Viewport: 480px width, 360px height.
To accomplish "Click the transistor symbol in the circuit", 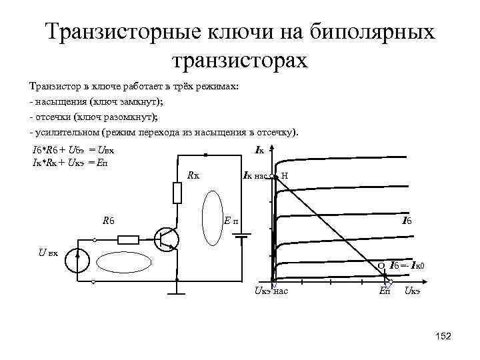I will (x=167, y=239).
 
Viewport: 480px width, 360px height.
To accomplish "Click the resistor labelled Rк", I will (x=177, y=193).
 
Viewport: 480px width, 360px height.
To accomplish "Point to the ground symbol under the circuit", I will (x=177, y=287).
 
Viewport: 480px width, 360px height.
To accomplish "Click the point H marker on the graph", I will (x=276, y=177).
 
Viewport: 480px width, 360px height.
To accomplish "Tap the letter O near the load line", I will (x=381, y=265).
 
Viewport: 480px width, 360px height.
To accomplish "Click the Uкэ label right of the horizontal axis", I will (x=412, y=291).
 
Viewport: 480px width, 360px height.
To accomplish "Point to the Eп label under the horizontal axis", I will (x=385, y=291).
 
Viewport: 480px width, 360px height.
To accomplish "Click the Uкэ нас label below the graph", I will (x=270, y=291).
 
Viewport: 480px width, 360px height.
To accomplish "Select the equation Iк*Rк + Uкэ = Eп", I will (x=70, y=163).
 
